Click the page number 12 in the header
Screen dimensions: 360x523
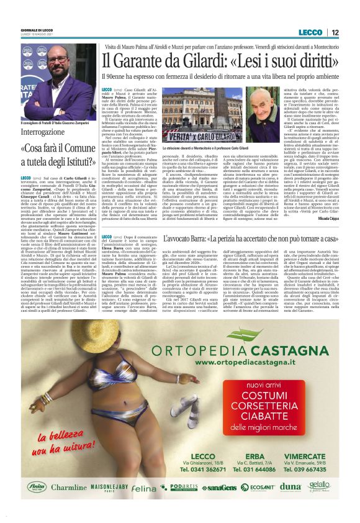point(334,32)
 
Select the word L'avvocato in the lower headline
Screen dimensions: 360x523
point(184,238)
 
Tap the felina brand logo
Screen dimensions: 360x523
point(144,488)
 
